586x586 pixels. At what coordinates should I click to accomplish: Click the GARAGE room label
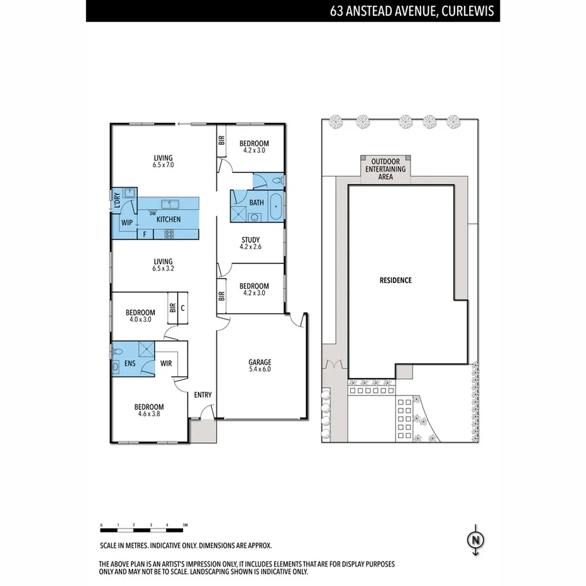pos(260,362)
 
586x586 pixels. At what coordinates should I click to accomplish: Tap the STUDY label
pos(250,240)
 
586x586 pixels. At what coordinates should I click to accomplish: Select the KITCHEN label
pos(169,219)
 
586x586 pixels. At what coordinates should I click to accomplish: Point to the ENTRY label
pos(202,395)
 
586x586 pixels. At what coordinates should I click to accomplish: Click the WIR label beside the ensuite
pos(166,363)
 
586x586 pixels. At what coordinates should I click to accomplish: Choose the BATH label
pos(256,202)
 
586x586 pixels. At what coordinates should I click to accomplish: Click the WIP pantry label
pos(126,222)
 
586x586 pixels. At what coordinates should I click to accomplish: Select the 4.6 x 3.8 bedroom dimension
pos(148,414)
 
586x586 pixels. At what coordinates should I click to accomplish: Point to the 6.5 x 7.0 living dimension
pos(162,165)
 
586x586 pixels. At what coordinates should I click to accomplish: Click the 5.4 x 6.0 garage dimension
pos(260,369)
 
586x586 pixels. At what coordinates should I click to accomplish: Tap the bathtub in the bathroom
pos(275,206)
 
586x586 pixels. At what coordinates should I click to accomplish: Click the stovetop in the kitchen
pos(169,235)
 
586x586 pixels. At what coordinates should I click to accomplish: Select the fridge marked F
pos(145,235)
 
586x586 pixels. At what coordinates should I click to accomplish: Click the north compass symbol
pos(476,540)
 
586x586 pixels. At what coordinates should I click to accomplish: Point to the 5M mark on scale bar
pos(185,524)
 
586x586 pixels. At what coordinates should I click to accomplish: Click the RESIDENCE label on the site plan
pos(395,280)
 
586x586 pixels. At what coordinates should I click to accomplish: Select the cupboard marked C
pos(182,308)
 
